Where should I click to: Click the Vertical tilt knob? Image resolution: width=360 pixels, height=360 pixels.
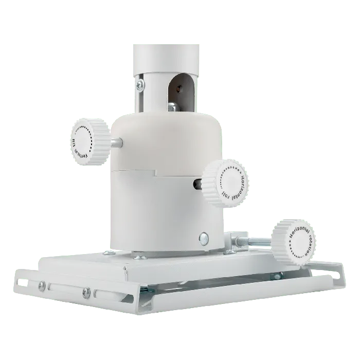pyautogui.click(x=88, y=141)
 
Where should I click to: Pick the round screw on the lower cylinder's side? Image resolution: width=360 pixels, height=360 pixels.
pyautogui.click(x=204, y=237)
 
